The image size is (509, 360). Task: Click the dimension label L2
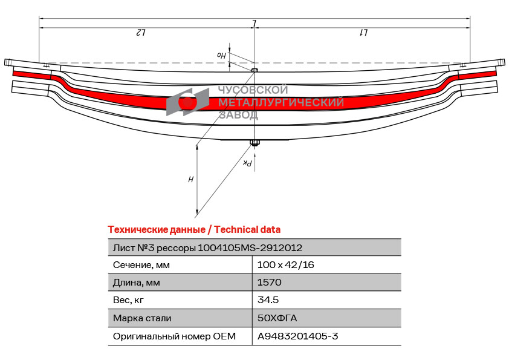[140, 33]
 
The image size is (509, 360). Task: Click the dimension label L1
[363, 33]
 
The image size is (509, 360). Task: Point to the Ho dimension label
[221, 56]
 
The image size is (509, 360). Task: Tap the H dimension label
[191, 179]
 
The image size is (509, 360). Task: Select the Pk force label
[247, 163]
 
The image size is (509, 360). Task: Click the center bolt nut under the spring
[254, 142]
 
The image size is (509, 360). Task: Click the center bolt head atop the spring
[255, 70]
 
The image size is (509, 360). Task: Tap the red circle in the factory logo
[187, 102]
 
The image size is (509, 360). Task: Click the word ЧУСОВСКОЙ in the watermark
[253, 90]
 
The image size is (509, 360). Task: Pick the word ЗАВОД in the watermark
[238, 115]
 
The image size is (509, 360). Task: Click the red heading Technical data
[247, 230]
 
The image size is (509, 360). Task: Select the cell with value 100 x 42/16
[286, 265]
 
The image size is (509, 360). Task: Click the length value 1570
[270, 282]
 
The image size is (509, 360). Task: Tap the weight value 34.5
[268, 299]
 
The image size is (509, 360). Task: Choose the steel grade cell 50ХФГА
[277, 318]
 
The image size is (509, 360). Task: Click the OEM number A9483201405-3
[297, 336]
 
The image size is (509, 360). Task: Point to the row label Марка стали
[142, 318]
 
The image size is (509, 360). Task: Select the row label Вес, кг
[128, 300]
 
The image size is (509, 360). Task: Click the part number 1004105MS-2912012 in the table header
[250, 248]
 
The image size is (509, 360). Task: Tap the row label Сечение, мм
[141, 265]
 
